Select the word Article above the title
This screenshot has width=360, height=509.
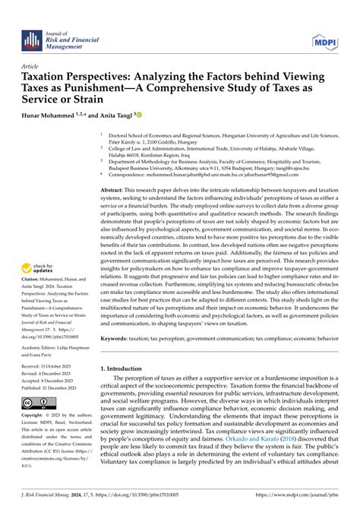pyautogui.click(x=31, y=66)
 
